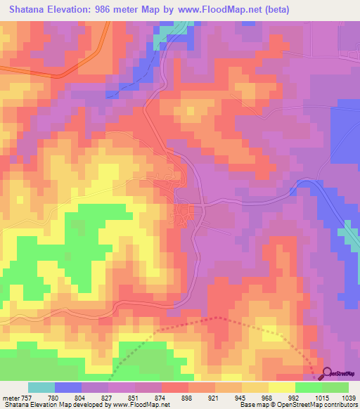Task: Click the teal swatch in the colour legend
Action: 41,387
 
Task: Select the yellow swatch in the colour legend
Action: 282,387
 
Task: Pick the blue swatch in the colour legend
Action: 68,387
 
